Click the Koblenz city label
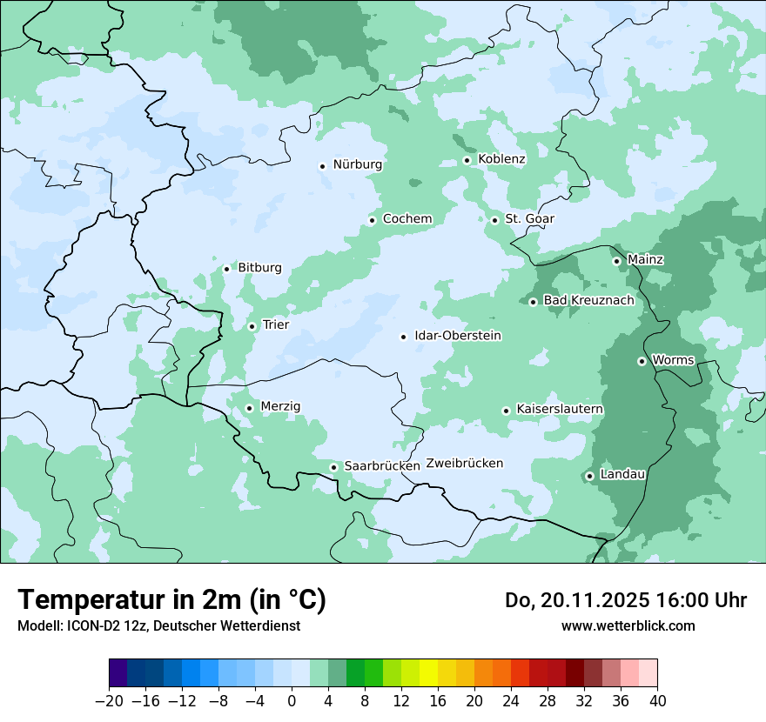click(x=501, y=159)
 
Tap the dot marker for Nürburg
click(x=322, y=165)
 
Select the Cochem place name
click(x=407, y=219)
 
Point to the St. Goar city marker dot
click(x=494, y=220)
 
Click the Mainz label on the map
click(x=645, y=260)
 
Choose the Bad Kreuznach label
click(x=588, y=301)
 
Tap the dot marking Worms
click(x=642, y=361)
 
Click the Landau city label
click(x=622, y=475)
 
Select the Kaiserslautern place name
click(x=560, y=410)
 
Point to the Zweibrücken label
click(x=464, y=464)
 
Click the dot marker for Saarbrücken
click(x=333, y=467)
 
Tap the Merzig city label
click(x=280, y=407)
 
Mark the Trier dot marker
click(x=252, y=326)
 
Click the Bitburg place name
click(x=259, y=268)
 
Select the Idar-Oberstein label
click(x=458, y=336)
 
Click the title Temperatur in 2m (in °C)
click(x=171, y=600)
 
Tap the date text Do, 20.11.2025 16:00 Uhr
click(x=625, y=600)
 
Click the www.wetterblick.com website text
click(x=628, y=625)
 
